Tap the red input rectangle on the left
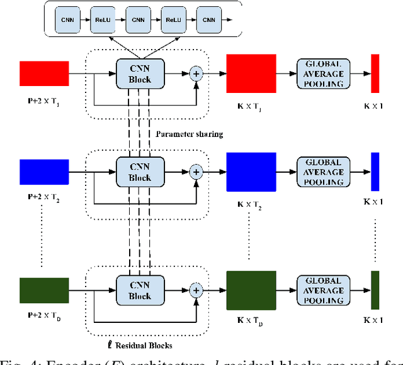coord(45,73)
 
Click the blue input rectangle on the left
coord(45,171)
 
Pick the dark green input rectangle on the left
coord(45,290)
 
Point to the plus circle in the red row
coord(197,74)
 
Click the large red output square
coord(251,74)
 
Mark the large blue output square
coord(251,171)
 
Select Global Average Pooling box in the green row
coord(324,290)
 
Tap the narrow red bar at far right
coord(375,74)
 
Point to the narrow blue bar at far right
coord(375,171)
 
